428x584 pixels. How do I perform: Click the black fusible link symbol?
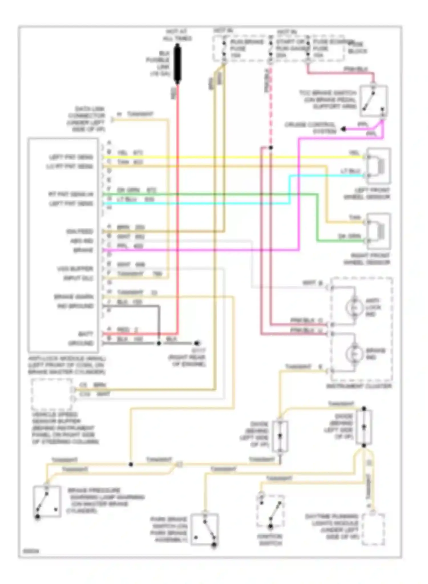[x=177, y=64]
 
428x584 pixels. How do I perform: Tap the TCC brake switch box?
[x=374, y=101]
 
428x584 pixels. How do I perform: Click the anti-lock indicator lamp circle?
[x=354, y=307]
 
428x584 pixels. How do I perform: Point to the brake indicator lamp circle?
[x=354, y=354]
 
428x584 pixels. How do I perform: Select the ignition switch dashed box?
[x=270, y=511]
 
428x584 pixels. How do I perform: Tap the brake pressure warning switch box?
[x=47, y=501]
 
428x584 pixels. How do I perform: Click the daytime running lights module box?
[x=373, y=529]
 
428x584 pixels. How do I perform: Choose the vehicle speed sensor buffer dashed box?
[x=52, y=394]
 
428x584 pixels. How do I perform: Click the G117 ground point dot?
[x=196, y=343]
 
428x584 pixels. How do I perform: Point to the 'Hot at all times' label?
[x=177, y=35]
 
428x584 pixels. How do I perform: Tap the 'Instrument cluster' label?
[x=359, y=386]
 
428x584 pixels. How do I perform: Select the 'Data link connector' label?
[x=86, y=119]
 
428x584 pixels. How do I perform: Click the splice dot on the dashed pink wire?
[x=270, y=147]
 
